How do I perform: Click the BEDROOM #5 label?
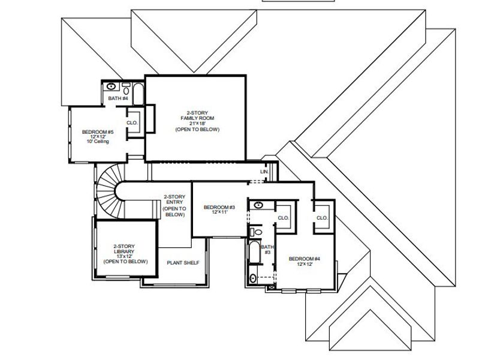point(98,131)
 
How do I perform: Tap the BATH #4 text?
point(118,98)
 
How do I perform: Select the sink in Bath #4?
point(112,86)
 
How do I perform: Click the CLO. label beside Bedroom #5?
point(132,122)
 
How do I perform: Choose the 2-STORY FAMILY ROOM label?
point(197,115)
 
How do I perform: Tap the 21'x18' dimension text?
point(197,123)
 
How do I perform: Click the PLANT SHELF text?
point(184,263)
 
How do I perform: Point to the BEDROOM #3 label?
point(219,208)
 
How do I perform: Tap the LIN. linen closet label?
point(264,172)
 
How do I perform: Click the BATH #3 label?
point(267,249)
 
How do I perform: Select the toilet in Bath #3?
point(254,231)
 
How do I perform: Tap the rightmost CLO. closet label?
point(321,218)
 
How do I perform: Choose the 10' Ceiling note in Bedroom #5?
point(98,142)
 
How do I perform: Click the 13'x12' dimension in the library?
point(125,256)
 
